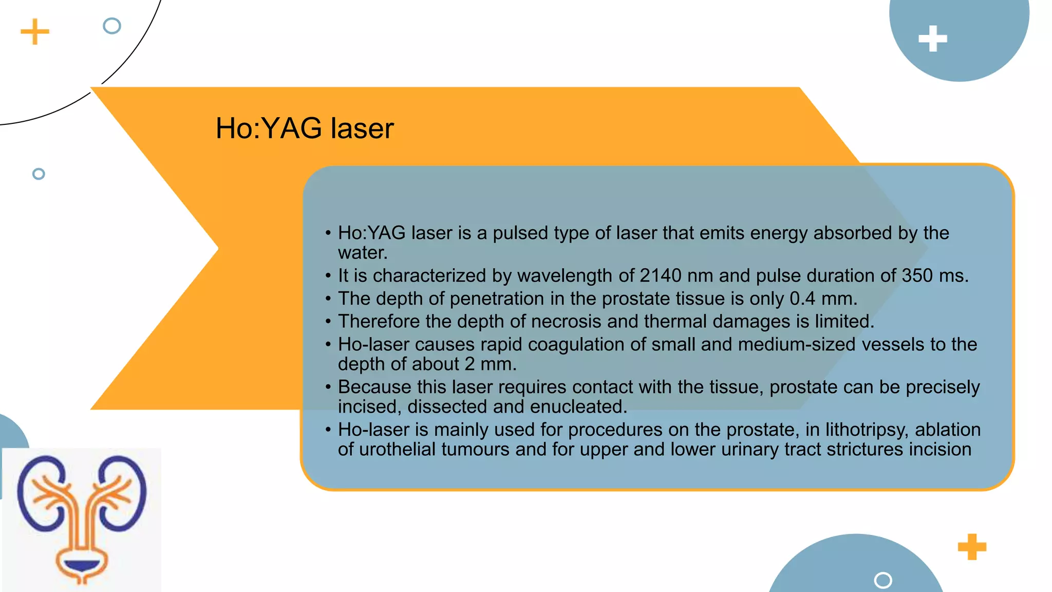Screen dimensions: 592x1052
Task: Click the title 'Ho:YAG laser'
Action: [x=304, y=128]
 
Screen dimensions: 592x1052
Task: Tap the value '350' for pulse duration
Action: [x=917, y=276]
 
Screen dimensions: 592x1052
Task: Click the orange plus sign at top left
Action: [x=35, y=32]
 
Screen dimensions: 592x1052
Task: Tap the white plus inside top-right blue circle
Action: [x=932, y=39]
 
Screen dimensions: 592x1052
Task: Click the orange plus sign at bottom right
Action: [x=972, y=547]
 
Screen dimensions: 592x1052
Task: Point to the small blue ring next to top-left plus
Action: [x=112, y=26]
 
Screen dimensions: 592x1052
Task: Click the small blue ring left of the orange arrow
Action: [x=39, y=174]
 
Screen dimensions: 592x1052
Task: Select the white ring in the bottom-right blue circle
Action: [x=882, y=580]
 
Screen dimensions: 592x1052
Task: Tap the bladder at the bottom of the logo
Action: [x=82, y=566]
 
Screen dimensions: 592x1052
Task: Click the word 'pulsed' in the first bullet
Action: [x=519, y=233]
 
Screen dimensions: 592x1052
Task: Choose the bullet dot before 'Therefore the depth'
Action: [x=328, y=322]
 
